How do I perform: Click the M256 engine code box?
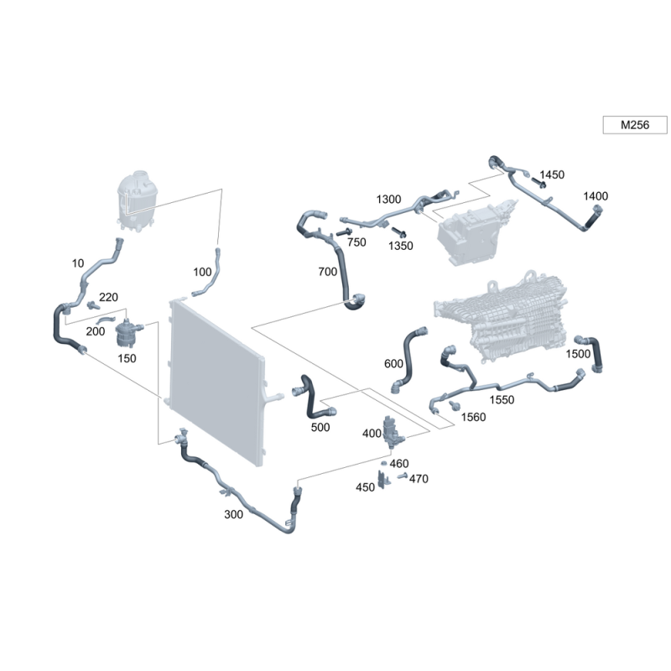pyautogui.click(x=635, y=125)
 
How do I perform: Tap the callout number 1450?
pyautogui.click(x=552, y=174)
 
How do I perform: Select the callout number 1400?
pyautogui.click(x=596, y=196)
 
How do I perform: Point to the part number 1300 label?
pyautogui.click(x=388, y=199)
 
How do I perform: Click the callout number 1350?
pyautogui.click(x=401, y=246)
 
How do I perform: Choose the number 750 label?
pyautogui.click(x=356, y=242)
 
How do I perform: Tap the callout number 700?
pyautogui.click(x=327, y=271)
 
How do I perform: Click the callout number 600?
pyautogui.click(x=393, y=364)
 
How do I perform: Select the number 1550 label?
pyautogui.click(x=502, y=400)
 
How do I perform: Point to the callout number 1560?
pyautogui.click(x=473, y=417)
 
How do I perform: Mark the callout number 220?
pyautogui.click(x=108, y=297)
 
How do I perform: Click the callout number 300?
pyautogui.click(x=233, y=514)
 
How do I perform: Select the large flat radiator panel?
pyautogui.click(x=217, y=382)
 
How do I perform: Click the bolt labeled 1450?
pyautogui.click(x=538, y=182)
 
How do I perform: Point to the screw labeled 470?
pyautogui.click(x=402, y=476)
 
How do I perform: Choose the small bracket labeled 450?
pyautogui.click(x=383, y=479)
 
